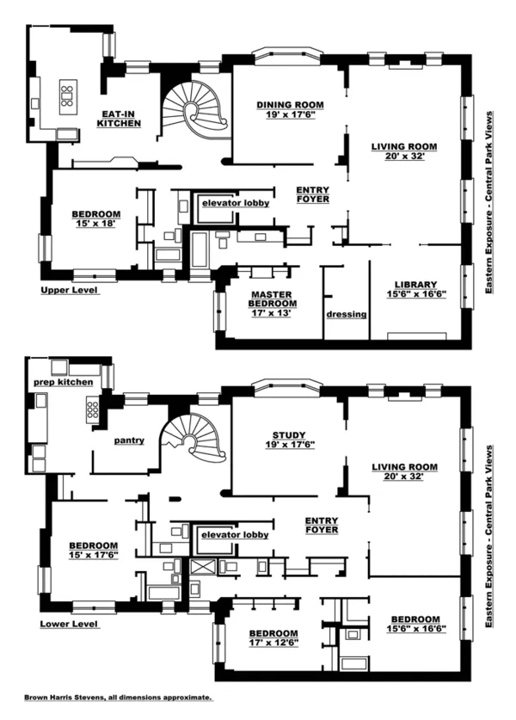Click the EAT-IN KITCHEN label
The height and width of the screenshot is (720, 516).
click(x=118, y=119)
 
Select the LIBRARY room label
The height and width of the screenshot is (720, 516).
click(x=416, y=285)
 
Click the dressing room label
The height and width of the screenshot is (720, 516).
click(x=347, y=314)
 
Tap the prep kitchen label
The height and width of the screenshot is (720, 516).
click(x=63, y=381)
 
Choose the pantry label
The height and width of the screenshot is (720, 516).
click(x=129, y=440)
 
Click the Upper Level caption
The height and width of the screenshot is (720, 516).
click(x=70, y=291)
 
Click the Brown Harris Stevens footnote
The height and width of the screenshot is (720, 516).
click(x=118, y=699)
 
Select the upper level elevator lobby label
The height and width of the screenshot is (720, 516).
click(x=235, y=203)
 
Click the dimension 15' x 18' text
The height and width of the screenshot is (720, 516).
click(x=95, y=224)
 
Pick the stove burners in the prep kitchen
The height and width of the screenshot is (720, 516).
click(x=93, y=409)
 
